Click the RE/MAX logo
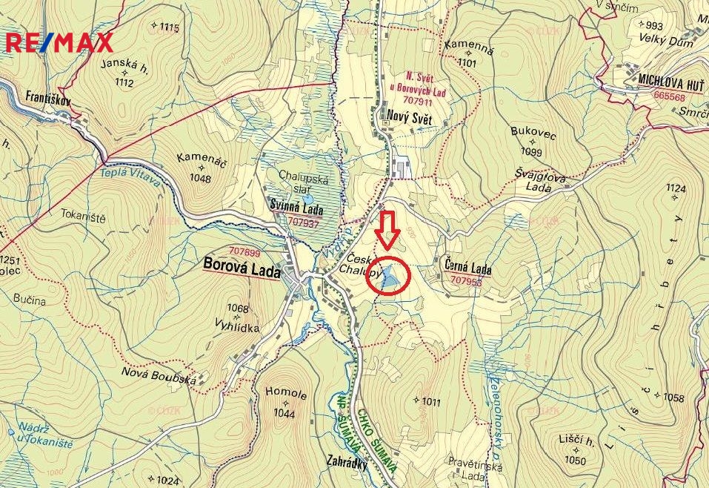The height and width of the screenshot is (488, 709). (x=59, y=42)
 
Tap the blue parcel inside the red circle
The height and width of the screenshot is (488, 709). (x=390, y=276)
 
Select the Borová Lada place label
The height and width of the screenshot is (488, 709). (x=242, y=271)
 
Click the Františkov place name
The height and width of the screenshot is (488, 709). (x=47, y=97)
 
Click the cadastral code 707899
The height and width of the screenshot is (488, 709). (x=244, y=252)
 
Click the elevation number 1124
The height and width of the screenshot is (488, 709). (x=675, y=189)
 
